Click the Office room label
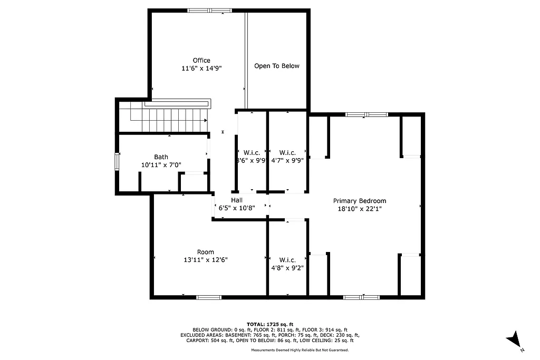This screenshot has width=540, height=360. click(201, 60)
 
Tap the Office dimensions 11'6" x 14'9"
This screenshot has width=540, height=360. click(201, 69)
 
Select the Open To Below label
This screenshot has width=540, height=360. click(277, 66)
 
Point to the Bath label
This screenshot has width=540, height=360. click(161, 157)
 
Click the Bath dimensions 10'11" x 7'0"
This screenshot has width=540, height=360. click(161, 165)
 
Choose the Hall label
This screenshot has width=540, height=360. click(237, 200)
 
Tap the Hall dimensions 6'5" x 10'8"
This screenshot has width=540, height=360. click(237, 208)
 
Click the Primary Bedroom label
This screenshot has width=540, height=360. click(360, 201)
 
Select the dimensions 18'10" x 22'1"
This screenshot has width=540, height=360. click(360, 209)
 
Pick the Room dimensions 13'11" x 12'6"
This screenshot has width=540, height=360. click(206, 260)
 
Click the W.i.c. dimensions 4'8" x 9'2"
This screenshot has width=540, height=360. click(287, 268)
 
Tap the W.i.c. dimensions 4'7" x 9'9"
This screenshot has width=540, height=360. click(287, 161)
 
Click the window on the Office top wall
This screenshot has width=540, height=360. click(209, 10)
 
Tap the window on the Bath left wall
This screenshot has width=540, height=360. click(117, 161)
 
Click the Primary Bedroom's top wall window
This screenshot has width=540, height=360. click(366, 114)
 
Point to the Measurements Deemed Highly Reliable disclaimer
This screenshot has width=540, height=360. click(300, 349)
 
